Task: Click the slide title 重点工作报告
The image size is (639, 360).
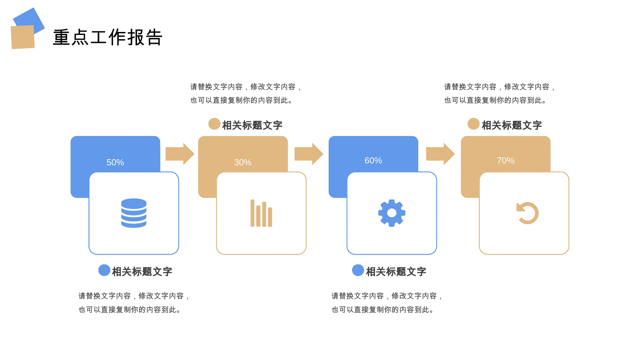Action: tap(108, 37)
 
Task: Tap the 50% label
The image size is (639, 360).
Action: tap(115, 162)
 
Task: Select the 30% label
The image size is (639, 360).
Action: tap(243, 162)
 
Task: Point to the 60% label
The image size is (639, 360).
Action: tap(373, 160)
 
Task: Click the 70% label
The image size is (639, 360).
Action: tap(505, 160)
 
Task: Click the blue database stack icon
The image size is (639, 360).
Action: tap(134, 213)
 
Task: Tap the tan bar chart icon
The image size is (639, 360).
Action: tap(261, 213)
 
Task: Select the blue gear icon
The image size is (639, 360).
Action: tap(392, 213)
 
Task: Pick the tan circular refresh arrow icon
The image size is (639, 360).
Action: tap(527, 213)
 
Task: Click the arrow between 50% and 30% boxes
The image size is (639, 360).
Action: tap(180, 154)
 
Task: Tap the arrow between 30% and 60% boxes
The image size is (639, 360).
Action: tap(309, 154)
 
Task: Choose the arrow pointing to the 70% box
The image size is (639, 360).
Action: tap(441, 154)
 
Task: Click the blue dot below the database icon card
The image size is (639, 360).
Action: tap(104, 270)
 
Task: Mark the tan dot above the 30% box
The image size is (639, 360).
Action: tap(214, 124)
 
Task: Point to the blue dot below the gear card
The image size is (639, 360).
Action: tap(358, 270)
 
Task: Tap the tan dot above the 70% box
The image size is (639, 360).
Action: tap(473, 124)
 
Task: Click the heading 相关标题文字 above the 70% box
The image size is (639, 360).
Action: tap(512, 125)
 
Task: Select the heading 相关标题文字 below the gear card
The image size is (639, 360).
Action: tap(396, 272)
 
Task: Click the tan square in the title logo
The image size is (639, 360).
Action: tap(23, 37)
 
